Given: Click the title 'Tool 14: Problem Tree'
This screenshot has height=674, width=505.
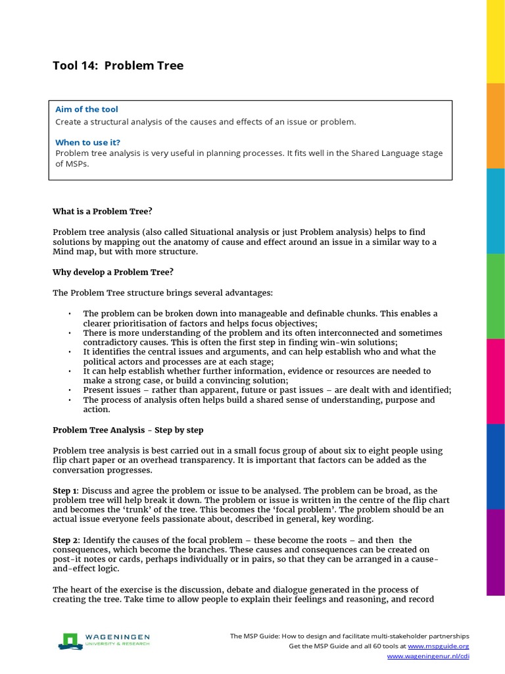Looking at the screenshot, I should click(x=118, y=65).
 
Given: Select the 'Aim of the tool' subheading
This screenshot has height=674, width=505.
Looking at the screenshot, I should click(x=87, y=109).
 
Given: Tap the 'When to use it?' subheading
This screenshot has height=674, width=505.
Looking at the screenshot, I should click(x=87, y=142).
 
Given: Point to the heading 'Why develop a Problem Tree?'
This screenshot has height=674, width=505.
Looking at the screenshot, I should click(x=112, y=272).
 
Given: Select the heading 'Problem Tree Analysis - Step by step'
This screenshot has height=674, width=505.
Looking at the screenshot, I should click(x=128, y=430).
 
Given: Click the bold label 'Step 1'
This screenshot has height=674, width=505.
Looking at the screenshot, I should click(x=65, y=491).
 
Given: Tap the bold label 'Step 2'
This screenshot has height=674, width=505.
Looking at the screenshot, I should click(x=65, y=540).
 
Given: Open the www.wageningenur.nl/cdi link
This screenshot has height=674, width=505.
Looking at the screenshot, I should click(x=427, y=656).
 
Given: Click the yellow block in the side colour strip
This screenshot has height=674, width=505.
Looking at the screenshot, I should click(x=495, y=41).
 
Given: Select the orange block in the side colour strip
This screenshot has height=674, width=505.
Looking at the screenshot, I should click(x=495, y=126).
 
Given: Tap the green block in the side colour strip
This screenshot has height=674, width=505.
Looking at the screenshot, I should click(x=495, y=296).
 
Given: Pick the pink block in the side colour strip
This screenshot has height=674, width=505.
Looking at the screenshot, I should click(x=495, y=382).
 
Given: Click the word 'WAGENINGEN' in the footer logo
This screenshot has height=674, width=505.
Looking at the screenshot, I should click(x=116, y=637).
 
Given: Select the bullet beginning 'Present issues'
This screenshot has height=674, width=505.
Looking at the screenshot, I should click(x=266, y=390).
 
